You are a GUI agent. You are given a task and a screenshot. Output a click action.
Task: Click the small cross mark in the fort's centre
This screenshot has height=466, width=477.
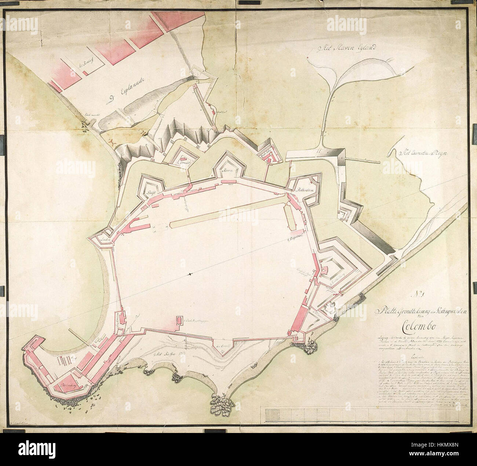click(x=190, y=274)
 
